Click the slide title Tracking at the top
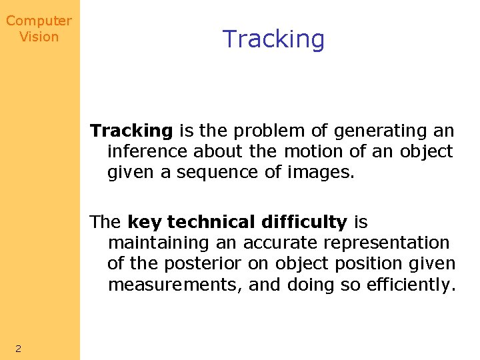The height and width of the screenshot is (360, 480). pyautogui.click(x=273, y=39)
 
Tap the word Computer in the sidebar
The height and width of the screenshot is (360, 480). pyautogui.click(x=39, y=21)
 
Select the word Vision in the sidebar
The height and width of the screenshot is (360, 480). pyautogui.click(x=39, y=37)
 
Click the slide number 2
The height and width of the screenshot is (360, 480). pyautogui.click(x=18, y=348)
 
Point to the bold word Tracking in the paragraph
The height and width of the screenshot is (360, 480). pyautogui.click(x=131, y=130)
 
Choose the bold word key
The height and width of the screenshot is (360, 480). pyautogui.click(x=145, y=221)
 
